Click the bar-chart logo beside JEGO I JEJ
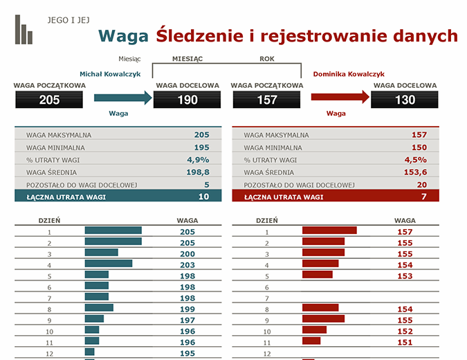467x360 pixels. pos(24,30)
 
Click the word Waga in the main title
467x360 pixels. pos(124,36)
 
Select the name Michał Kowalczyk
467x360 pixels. pos(115,73)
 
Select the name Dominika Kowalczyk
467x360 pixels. pos(349,73)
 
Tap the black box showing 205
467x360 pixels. pos(49,100)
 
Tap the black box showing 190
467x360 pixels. pos(187,100)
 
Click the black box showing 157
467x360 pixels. pos(266,100)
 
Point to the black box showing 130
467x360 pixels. pos(405,100)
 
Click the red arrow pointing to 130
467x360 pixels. pos(340,99)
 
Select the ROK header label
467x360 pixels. pos(267,59)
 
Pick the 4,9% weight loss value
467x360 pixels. pos(198,160)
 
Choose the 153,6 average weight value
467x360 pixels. pos(415,172)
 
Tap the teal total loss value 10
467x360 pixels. pos(203,197)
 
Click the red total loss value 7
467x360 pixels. pos(423,197)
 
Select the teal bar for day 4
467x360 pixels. pos(108,264)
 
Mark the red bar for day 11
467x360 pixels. pos(311,341)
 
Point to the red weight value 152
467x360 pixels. pos(405,331)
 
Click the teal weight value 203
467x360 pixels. pos(187,264)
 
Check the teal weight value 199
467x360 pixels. pos(187,309)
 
